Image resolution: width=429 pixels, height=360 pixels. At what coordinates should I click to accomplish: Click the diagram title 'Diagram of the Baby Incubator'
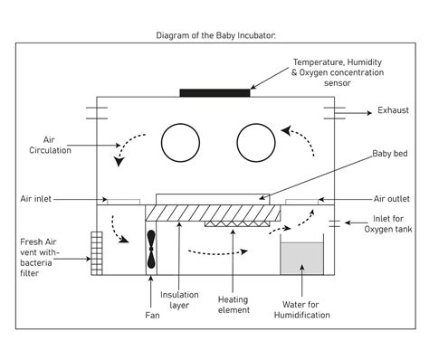214,36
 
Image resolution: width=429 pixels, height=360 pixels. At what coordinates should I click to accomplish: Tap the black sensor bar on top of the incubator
214,92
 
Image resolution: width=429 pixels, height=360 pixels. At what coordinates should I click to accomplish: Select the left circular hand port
181,143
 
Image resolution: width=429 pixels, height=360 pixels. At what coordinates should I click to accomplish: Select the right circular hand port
256,143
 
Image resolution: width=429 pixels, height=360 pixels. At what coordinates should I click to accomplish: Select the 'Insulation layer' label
180,300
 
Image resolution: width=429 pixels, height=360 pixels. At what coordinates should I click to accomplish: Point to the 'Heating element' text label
234,306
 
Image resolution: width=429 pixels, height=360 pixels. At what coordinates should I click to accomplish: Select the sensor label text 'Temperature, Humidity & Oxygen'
337,69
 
